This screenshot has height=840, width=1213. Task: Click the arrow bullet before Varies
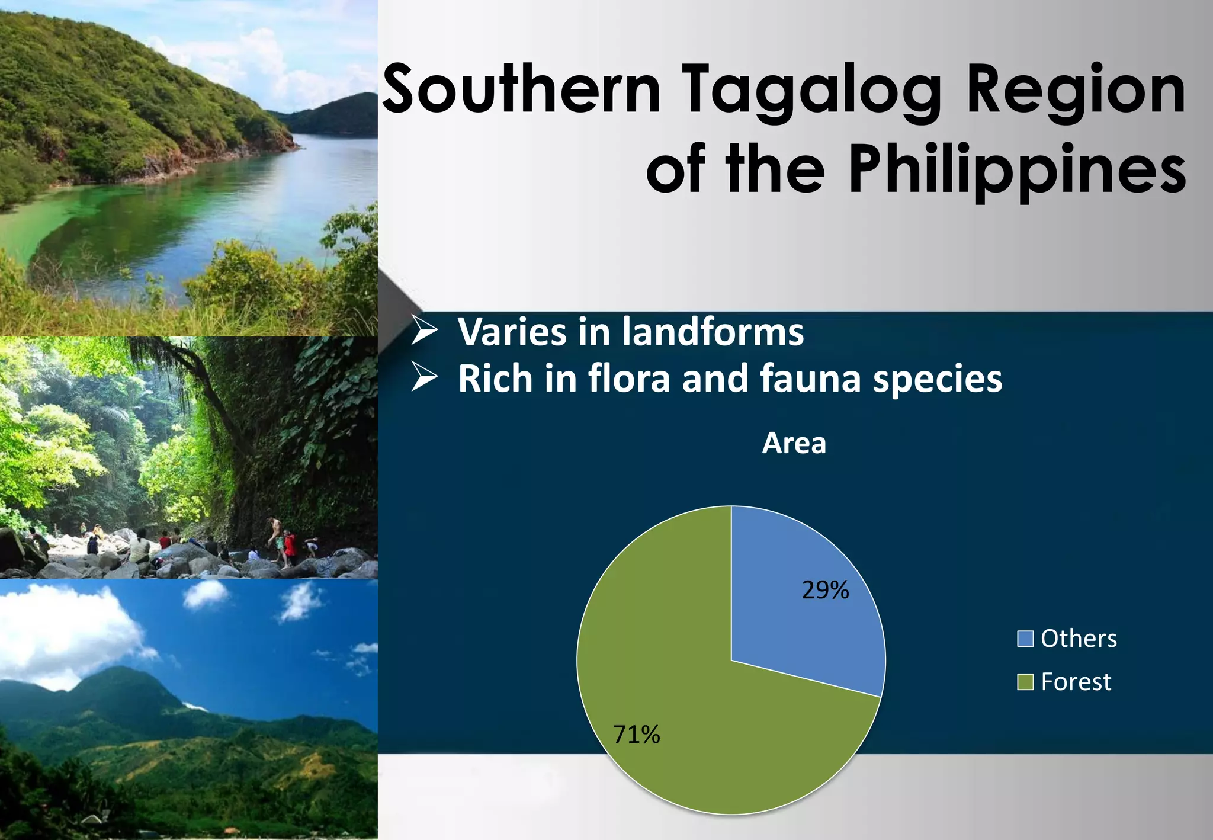point(425,331)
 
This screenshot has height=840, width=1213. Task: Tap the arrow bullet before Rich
point(425,378)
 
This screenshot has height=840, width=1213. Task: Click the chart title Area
point(794,443)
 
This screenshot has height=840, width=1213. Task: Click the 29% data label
point(825,590)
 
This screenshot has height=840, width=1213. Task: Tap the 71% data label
point(636,735)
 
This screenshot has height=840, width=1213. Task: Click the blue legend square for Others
point(1025,639)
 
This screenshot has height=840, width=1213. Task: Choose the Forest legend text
point(1076,682)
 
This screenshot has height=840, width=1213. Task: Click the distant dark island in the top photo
point(338,116)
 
